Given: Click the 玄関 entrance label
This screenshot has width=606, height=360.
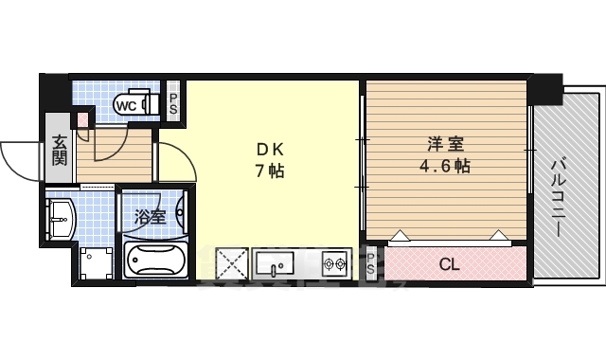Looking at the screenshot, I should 59,151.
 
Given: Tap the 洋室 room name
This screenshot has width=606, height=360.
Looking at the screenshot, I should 446,145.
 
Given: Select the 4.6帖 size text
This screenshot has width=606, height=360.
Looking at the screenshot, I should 446,166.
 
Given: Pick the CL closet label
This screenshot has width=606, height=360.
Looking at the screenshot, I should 449,264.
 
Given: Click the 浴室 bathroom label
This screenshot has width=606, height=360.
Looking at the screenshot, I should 151,216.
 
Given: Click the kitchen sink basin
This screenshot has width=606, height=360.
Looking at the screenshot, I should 276,262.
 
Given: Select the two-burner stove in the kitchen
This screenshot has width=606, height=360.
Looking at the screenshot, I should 334,262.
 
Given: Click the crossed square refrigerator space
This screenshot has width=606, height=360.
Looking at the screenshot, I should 232,262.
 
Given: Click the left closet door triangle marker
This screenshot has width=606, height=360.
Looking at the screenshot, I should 401,236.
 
